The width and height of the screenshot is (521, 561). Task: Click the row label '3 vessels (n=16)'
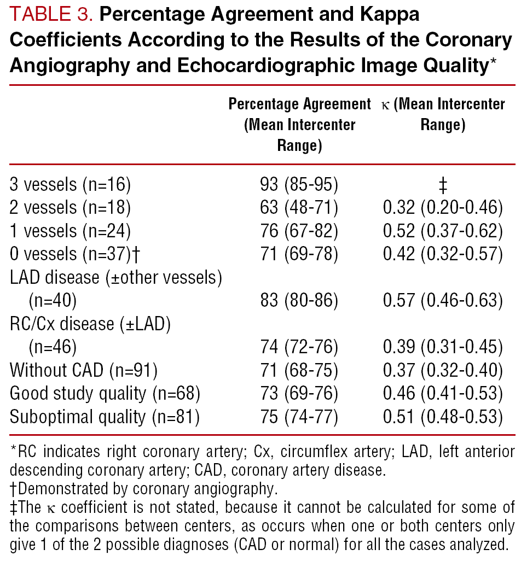coord(70,184)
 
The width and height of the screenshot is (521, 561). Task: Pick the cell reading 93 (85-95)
coord(299,184)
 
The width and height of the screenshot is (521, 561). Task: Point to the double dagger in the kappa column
coord(443,185)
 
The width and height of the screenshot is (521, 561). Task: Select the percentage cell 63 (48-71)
coord(299,208)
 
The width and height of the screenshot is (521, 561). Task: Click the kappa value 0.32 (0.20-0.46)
coord(443,208)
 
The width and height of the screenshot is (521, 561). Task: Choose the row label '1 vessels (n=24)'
coord(70,231)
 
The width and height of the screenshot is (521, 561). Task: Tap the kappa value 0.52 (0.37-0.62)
coord(443,231)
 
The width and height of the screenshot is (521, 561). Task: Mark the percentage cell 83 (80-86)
coord(299,301)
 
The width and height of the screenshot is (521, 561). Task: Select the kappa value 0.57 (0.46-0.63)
coord(443,301)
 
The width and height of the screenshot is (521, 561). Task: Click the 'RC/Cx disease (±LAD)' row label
coord(91,324)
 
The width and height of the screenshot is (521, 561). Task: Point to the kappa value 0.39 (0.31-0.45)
coord(443,347)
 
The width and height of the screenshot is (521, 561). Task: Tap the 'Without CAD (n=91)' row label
coord(84,370)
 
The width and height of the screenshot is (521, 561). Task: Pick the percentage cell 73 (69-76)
coord(299,394)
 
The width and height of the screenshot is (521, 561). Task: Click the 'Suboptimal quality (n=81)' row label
coord(104,417)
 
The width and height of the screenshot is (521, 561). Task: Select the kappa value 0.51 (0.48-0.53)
coord(443,417)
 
